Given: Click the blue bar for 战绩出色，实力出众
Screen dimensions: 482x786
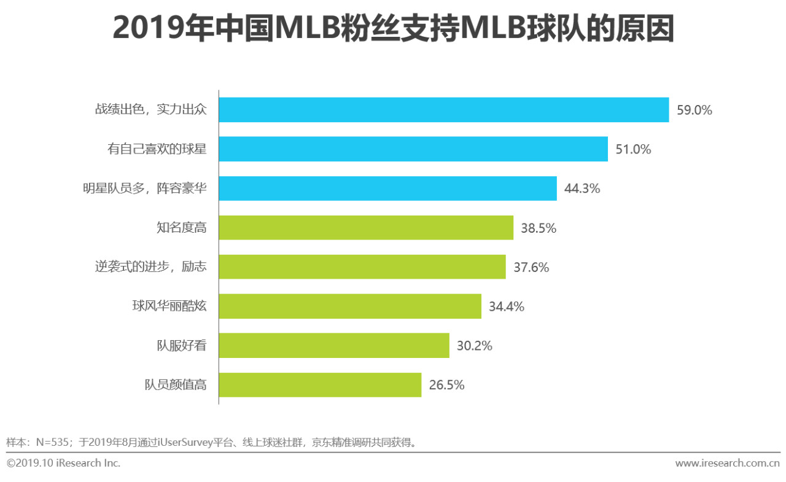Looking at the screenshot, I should point(443,110).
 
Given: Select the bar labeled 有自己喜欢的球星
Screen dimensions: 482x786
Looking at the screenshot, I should point(413,149).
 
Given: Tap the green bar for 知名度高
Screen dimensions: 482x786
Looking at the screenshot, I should point(365,228).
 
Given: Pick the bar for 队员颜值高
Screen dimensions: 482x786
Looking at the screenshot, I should point(319,385).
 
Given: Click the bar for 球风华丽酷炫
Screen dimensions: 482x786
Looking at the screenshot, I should point(349,306).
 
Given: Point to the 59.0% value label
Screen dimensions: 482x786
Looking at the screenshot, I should point(694,111).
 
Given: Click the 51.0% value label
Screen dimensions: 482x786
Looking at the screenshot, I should point(633,150).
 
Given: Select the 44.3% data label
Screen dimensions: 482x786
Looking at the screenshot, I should point(582,189).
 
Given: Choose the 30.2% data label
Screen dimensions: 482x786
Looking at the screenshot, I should point(474,346).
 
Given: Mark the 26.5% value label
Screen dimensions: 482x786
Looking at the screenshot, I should point(446,386).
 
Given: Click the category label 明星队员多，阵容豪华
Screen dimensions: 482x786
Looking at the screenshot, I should point(144,189).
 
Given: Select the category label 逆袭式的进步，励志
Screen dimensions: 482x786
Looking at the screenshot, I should point(150,267).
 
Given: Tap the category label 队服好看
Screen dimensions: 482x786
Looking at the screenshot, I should point(181,346).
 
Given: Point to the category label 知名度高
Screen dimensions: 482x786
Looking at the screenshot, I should point(181,228).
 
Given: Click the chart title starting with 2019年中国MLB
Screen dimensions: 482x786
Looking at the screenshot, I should point(393,29).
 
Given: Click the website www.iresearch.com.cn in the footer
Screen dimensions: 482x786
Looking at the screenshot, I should point(727,464).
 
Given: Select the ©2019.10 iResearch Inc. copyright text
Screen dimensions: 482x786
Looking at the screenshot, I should point(63,464).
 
